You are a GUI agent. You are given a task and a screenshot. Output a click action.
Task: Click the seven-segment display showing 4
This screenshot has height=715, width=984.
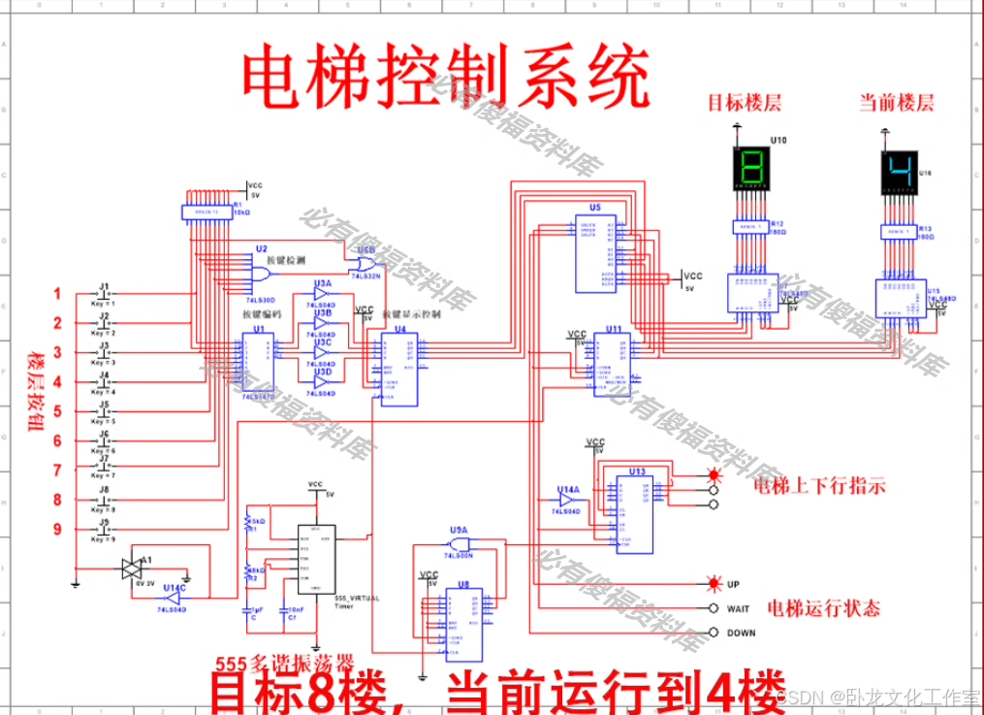tap(899, 172)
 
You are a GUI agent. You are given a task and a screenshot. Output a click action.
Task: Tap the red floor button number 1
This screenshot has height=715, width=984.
tap(57, 294)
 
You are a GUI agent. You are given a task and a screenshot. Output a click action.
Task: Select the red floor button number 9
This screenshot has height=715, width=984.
tap(57, 529)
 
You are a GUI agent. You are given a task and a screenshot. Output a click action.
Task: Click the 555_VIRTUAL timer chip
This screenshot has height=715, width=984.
tap(316, 560)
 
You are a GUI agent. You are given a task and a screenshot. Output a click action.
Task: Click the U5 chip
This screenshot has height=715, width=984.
tap(596, 253)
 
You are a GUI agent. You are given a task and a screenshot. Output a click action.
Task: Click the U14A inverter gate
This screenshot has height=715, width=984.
tap(568, 500)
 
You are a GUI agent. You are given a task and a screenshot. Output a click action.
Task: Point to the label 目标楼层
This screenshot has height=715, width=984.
tap(744, 103)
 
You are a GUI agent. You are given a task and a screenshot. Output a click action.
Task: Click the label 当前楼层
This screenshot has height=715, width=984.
tap(897, 103)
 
